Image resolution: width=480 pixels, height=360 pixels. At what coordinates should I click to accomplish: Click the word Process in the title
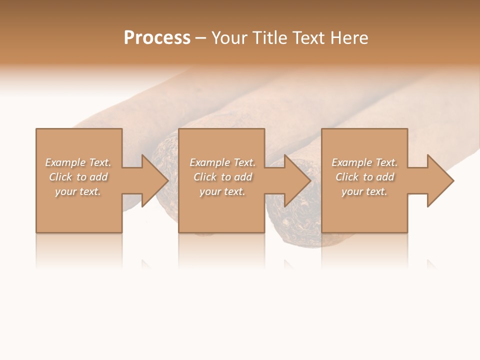tap(157, 38)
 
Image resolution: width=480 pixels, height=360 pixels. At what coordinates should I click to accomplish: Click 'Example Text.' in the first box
tap(78, 162)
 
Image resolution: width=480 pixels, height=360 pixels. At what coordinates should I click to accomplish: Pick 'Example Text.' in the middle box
tap(222, 162)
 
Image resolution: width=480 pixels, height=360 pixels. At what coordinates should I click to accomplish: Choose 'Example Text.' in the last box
tap(364, 162)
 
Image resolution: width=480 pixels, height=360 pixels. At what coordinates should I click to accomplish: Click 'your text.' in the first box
tap(78, 191)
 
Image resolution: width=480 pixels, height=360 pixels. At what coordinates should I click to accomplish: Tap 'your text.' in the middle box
tap(222, 191)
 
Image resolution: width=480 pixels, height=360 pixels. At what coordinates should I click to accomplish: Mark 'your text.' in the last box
tap(364, 191)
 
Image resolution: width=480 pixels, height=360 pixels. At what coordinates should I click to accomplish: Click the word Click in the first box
tap(60, 177)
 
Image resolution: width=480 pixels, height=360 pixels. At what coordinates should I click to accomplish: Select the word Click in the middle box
tap(204, 177)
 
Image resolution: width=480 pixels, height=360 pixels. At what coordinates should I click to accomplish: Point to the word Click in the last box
tap(346, 177)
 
